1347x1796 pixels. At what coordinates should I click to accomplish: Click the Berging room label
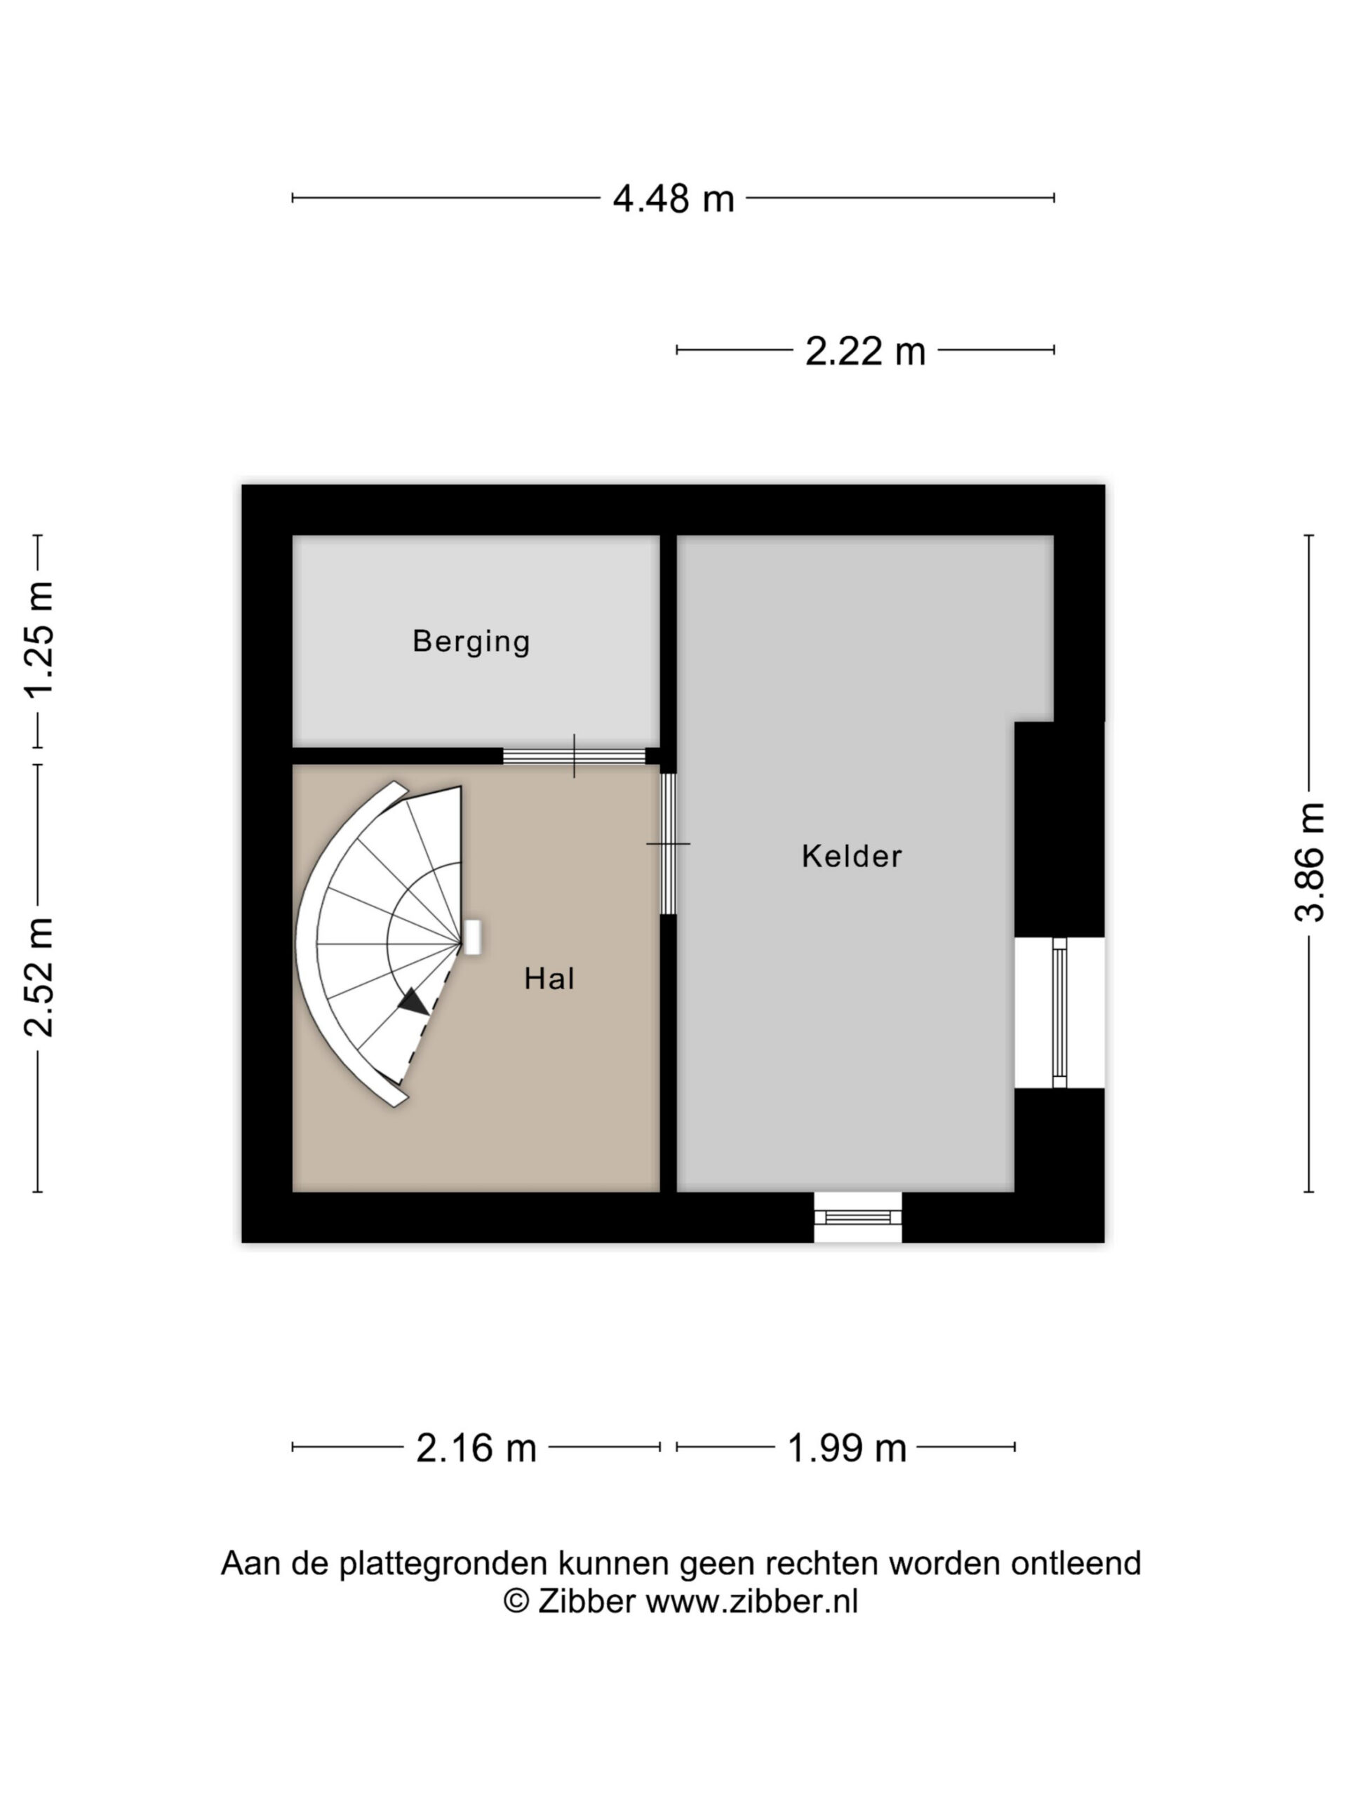coord(471,641)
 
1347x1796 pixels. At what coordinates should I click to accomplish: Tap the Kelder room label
coord(852,856)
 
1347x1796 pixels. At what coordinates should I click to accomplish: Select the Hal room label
coord(550,979)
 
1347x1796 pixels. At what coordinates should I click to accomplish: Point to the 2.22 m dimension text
coord(865,351)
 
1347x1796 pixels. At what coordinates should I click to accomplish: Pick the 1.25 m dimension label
coord(38,640)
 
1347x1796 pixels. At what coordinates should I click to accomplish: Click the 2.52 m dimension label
coord(38,977)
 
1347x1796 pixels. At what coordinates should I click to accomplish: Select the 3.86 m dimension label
coord(1309,862)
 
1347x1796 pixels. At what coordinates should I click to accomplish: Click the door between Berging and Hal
coord(574,756)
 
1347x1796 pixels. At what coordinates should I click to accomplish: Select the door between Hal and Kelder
coord(668,845)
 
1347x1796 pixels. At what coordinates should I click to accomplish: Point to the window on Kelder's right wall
coord(1059,1012)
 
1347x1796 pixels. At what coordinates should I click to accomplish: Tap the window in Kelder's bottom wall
coord(858,1217)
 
